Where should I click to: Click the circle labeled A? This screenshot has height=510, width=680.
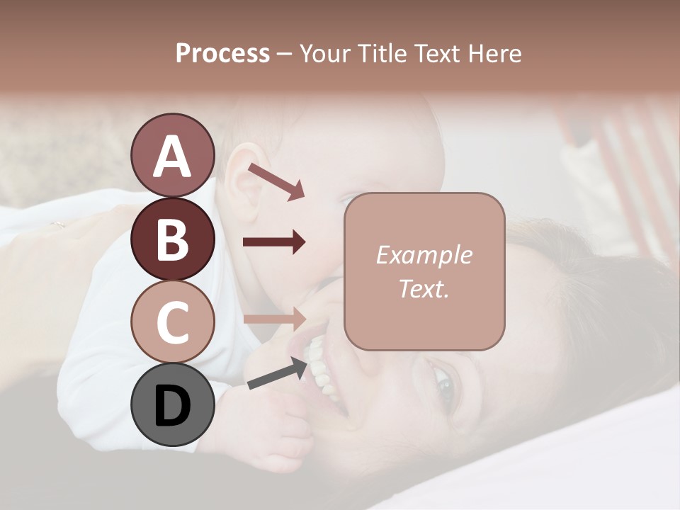coord(172,156)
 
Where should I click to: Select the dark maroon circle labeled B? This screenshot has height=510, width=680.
coord(172,239)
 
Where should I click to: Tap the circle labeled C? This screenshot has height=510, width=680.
coord(172,322)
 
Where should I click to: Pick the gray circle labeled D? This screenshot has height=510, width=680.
coord(172,405)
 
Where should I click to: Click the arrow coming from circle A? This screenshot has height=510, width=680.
coord(276,181)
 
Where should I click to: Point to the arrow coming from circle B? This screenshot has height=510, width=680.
coord(274,242)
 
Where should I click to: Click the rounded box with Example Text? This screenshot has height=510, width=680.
coord(424,271)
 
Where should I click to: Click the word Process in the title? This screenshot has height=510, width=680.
coord(222,53)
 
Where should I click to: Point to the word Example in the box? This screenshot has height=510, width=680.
coord(424,255)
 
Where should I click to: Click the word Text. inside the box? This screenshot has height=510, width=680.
coord(424,288)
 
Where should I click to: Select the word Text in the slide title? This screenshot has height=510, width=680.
coord(436,53)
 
